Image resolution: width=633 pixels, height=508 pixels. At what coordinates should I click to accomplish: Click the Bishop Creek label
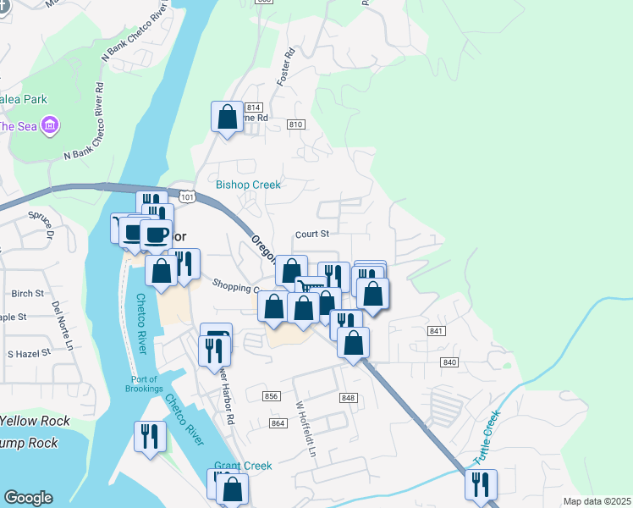point(247,184)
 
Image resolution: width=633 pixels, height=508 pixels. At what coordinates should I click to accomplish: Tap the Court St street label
point(311,234)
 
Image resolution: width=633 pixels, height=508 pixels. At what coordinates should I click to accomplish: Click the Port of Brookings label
point(146,384)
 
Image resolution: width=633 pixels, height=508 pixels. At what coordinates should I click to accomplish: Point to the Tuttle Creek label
point(487,437)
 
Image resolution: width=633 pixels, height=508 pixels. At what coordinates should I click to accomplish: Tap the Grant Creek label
point(243,466)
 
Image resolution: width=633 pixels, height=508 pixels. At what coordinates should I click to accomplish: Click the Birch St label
point(28,293)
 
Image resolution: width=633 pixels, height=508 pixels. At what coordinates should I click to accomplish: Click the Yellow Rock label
point(35,422)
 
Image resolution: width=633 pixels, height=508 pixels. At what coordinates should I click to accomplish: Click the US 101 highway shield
point(188,197)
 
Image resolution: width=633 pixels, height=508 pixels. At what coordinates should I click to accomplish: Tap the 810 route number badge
point(294,124)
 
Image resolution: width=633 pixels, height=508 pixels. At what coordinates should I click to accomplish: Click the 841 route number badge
point(437,330)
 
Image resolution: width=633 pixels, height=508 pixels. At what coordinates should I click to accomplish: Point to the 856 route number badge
point(272,396)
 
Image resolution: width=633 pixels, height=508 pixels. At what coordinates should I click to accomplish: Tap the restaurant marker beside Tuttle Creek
point(481,484)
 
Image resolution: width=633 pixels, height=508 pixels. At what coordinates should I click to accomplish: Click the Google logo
point(28,498)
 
